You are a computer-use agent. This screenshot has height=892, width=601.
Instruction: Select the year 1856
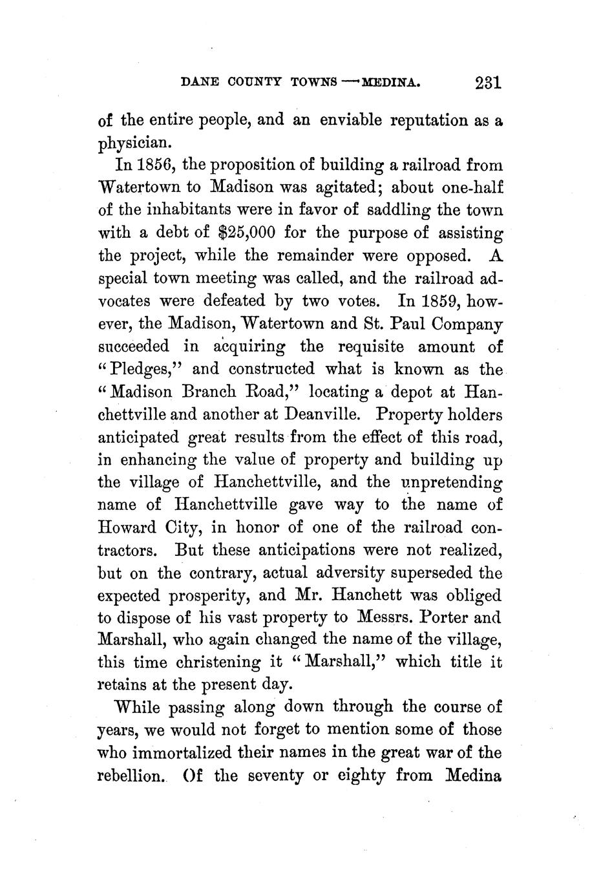tap(152, 165)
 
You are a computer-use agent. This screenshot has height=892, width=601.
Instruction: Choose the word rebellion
tap(128, 775)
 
